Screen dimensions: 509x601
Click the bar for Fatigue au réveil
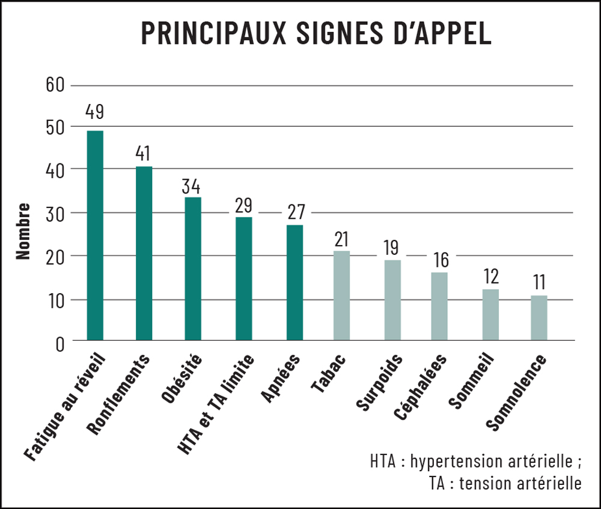click(x=95, y=236)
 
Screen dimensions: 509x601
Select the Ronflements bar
click(x=144, y=254)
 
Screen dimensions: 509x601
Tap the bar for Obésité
click(x=193, y=269)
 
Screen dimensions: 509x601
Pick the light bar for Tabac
click(x=341, y=296)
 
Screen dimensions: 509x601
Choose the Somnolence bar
click(x=539, y=318)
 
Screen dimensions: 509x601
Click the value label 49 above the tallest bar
click(x=95, y=112)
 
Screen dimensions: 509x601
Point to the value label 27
click(x=294, y=212)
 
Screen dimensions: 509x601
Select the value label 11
click(x=539, y=281)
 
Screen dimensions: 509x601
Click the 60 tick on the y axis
click(x=54, y=84)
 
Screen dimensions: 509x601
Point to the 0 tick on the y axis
click(x=59, y=343)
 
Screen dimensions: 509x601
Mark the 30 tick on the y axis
click(x=54, y=213)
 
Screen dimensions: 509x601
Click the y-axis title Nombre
click(x=23, y=231)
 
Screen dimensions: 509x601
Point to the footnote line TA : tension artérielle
click(x=505, y=483)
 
